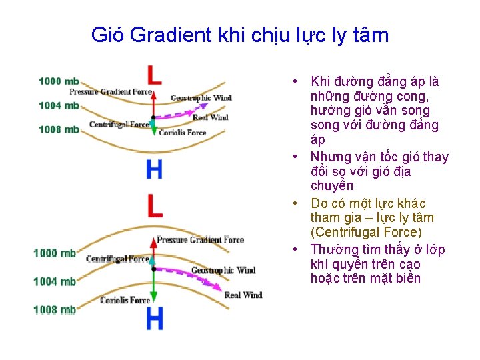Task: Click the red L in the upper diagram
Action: [154, 74]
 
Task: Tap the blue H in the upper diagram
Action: [154, 169]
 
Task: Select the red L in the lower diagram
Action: [154, 205]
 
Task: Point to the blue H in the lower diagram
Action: [154, 319]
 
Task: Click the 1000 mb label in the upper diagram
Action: [59, 81]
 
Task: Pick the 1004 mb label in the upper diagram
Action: [59, 105]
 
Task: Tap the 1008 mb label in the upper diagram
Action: [59, 129]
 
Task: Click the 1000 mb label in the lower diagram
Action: [55, 253]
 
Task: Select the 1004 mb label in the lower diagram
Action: [55, 281]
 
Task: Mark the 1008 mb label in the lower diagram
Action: [55, 309]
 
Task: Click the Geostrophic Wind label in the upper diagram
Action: [201, 99]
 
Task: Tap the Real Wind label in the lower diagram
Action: [243, 295]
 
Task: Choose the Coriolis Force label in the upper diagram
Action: [183, 133]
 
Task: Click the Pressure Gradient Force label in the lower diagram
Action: [200, 240]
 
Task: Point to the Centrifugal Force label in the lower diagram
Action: [117, 259]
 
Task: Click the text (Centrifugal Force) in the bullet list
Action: [366, 233]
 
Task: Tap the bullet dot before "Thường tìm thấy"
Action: [294, 250]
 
